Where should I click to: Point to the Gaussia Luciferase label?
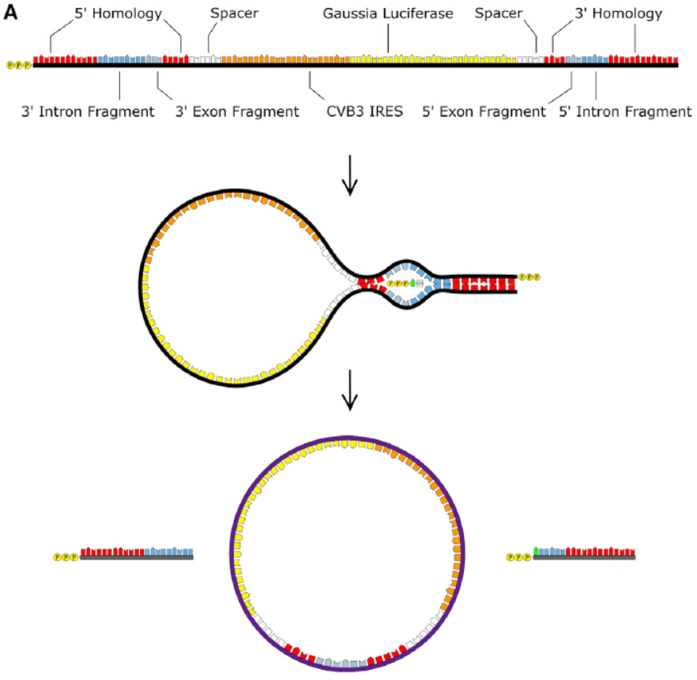coord(388,14)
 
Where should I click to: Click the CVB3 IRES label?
coord(364,111)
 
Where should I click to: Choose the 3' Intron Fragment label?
coord(88,111)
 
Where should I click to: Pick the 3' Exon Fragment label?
coord(237,111)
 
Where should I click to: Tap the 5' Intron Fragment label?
coord(624,111)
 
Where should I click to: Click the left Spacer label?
coord(234,14)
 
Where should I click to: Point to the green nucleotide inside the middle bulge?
coord(413,282)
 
